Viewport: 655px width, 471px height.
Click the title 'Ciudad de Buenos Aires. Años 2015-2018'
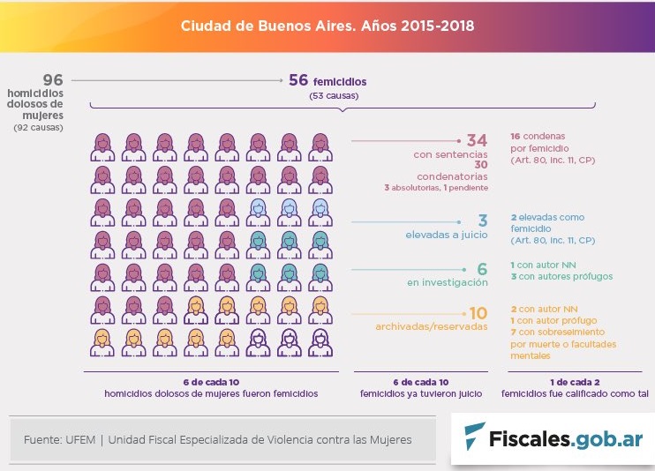click(x=327, y=26)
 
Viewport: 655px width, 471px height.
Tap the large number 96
click(x=53, y=80)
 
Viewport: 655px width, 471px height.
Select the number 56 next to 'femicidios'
click(x=298, y=81)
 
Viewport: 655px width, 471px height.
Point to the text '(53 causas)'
click(x=327, y=95)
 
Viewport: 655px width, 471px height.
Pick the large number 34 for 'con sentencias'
click(x=477, y=141)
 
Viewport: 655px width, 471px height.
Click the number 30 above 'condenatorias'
click(x=481, y=165)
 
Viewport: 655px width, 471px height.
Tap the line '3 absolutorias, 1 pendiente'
click(x=435, y=187)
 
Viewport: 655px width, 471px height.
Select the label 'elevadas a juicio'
click(x=446, y=235)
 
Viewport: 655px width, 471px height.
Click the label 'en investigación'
click(x=448, y=282)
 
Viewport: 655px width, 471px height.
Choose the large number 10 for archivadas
click(x=478, y=313)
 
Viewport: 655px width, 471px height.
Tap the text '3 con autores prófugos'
click(x=561, y=276)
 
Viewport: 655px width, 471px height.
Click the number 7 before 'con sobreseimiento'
click(x=513, y=332)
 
